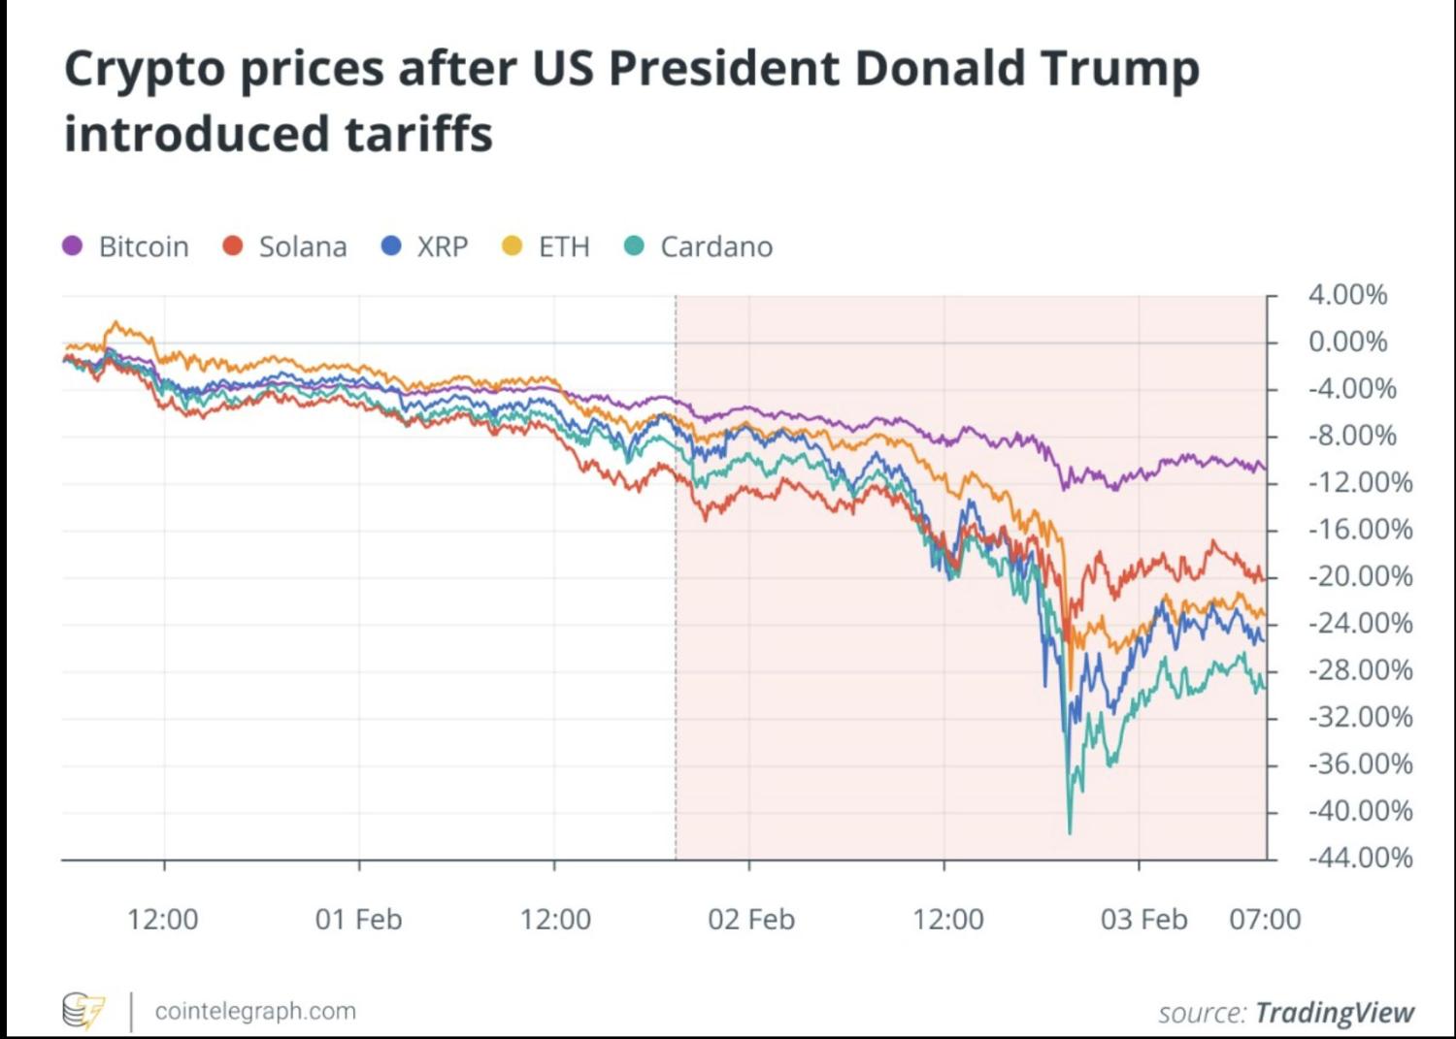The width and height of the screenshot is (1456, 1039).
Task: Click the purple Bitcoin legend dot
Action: click(73, 246)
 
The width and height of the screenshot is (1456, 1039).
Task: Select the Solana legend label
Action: click(303, 246)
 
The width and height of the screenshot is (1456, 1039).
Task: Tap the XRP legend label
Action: click(443, 246)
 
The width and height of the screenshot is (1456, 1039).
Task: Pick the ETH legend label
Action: click(564, 246)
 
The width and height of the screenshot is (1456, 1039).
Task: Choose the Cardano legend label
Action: click(716, 246)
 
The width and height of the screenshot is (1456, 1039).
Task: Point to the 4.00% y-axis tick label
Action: click(1347, 295)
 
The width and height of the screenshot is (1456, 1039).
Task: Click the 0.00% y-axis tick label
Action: click(1347, 341)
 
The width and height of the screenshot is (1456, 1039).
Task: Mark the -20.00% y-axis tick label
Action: click(1360, 576)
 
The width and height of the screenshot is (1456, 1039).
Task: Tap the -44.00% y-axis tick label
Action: click(1360, 858)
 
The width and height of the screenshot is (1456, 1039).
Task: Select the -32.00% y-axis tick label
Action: click(1360, 717)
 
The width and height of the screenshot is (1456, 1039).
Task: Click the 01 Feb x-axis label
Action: click(358, 919)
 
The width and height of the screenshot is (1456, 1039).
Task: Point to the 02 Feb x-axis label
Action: click(751, 919)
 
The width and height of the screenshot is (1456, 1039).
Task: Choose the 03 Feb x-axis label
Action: click(1143, 919)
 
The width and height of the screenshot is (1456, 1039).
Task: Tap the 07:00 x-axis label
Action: click(1265, 919)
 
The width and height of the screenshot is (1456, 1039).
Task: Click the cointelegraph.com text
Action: click(255, 1011)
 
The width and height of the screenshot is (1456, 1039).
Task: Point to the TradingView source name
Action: click(1335, 1013)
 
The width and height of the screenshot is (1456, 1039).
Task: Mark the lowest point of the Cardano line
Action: click(1070, 832)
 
